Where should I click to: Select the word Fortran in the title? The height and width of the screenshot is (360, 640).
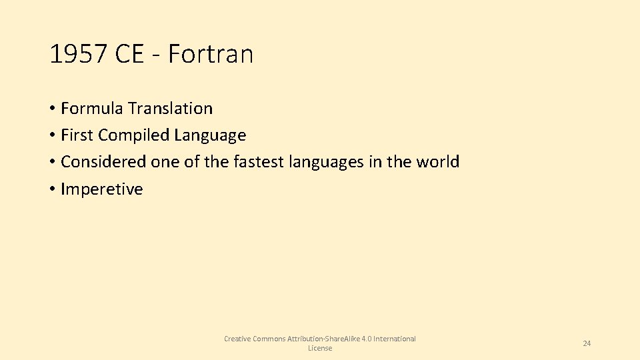point(211,54)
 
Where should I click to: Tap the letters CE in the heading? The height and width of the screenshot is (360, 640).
point(129,54)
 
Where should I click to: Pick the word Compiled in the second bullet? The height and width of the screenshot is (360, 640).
point(133,135)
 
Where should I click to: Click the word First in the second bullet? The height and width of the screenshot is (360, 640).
point(77,135)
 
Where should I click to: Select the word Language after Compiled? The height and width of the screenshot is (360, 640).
point(210,135)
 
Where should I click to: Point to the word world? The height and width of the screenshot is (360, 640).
point(439,162)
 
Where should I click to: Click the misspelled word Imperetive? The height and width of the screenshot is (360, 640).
point(101,189)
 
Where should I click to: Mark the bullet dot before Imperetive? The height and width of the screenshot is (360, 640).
point(52,189)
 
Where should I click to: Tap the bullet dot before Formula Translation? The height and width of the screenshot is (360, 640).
point(52,109)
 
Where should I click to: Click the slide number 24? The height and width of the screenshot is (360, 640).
point(587,343)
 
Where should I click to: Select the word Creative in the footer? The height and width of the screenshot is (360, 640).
point(237,339)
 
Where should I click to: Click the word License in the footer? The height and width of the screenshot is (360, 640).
point(320,348)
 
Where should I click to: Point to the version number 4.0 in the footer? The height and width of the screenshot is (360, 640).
point(365,339)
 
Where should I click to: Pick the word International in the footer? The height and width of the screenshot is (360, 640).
point(395,339)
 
